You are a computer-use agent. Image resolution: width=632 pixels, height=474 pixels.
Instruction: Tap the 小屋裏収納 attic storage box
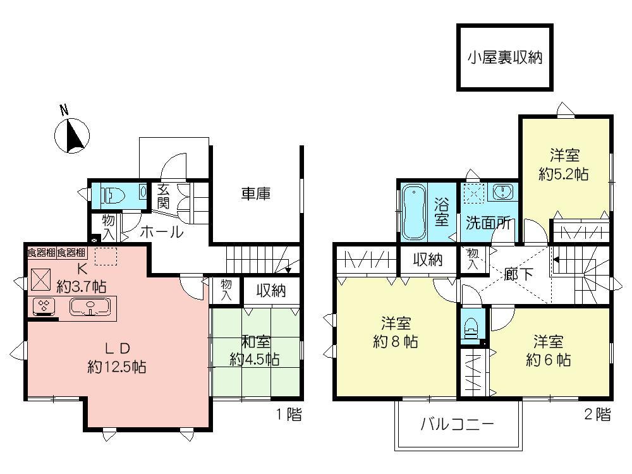(505, 58)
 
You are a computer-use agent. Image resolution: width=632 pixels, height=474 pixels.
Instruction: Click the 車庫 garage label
(255, 194)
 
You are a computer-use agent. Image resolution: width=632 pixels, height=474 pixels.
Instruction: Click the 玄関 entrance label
(163, 196)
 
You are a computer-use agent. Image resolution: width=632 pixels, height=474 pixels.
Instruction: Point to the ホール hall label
(161, 232)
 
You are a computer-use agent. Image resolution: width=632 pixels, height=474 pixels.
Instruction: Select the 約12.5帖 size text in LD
(117, 366)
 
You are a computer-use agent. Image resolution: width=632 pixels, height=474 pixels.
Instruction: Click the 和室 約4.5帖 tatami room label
(255, 351)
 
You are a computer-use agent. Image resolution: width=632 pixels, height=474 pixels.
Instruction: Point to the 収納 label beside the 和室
(270, 291)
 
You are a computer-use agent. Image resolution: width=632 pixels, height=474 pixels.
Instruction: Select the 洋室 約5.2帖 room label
(564, 164)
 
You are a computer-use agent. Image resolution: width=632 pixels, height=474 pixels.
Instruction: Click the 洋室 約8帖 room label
(396, 334)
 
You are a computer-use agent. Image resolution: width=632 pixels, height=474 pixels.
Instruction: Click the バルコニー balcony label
(458, 424)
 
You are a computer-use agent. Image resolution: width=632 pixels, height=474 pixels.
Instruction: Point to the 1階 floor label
(288, 415)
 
